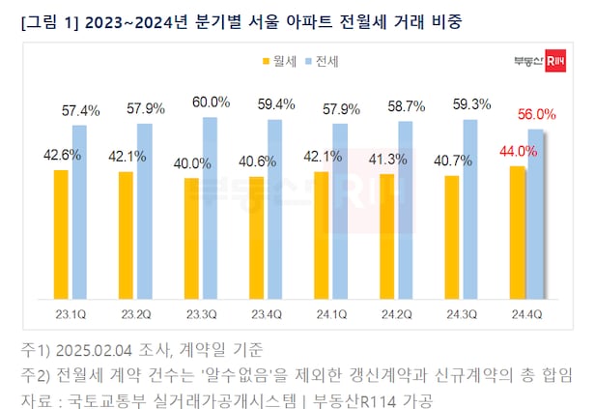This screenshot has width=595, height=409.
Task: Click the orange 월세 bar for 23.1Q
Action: (61, 233)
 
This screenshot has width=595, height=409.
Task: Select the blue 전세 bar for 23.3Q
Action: (211, 207)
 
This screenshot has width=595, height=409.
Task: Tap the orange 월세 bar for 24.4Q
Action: (518, 232)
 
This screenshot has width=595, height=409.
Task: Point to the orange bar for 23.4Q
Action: (256, 237)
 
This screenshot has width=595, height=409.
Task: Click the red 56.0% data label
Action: (536, 114)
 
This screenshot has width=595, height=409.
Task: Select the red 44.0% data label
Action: (510, 150)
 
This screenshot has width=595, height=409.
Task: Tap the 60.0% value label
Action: (212, 102)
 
